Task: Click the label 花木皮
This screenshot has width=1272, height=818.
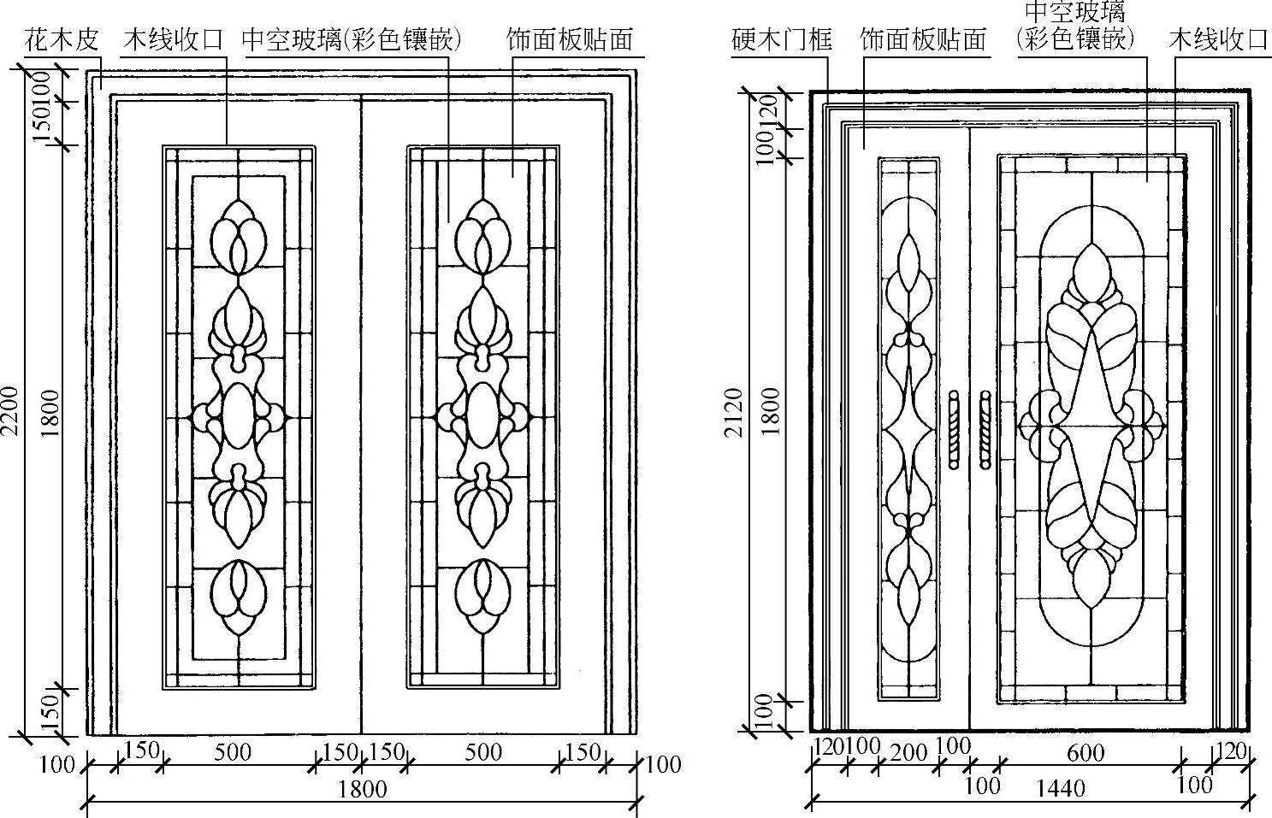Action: pyautogui.click(x=62, y=39)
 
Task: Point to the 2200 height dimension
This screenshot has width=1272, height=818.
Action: pyautogui.click(x=9, y=410)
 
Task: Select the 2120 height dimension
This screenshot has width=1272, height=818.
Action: pyautogui.click(x=734, y=413)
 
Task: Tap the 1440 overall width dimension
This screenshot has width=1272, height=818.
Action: pyautogui.click(x=1061, y=786)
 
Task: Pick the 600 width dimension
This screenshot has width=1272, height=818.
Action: pyautogui.click(x=1086, y=753)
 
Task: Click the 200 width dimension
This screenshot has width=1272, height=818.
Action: pyautogui.click(x=908, y=752)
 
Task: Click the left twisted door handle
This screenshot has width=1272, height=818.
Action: pyautogui.click(x=954, y=430)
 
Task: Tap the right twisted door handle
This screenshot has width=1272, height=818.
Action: pyautogui.click(x=985, y=430)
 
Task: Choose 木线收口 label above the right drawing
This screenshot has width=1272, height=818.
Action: pyautogui.click(x=1218, y=39)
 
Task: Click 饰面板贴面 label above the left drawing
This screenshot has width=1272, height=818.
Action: pyautogui.click(x=570, y=39)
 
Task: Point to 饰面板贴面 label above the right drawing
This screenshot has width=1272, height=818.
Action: pyautogui.click(x=923, y=39)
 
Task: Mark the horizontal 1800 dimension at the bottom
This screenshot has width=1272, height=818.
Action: pyautogui.click(x=363, y=787)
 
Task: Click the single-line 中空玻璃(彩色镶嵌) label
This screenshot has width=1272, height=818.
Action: pyautogui.click(x=352, y=39)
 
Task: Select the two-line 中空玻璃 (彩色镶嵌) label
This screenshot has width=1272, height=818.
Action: pyautogui.click(x=1076, y=26)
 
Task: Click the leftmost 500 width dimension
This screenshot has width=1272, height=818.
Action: pyautogui.click(x=233, y=752)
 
